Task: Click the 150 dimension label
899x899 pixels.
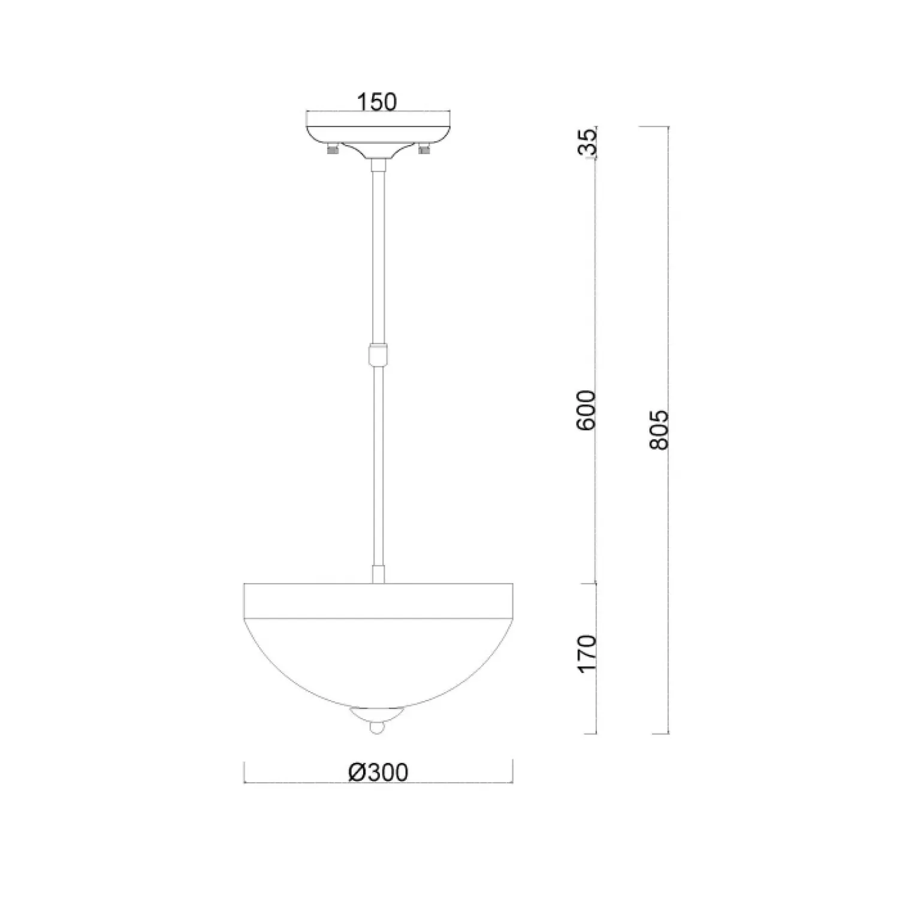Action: tap(377, 102)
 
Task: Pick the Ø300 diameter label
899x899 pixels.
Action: tap(378, 773)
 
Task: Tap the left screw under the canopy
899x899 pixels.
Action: tap(331, 149)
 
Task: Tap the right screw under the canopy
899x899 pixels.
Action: tap(424, 149)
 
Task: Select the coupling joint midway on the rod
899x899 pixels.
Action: tap(378, 355)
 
